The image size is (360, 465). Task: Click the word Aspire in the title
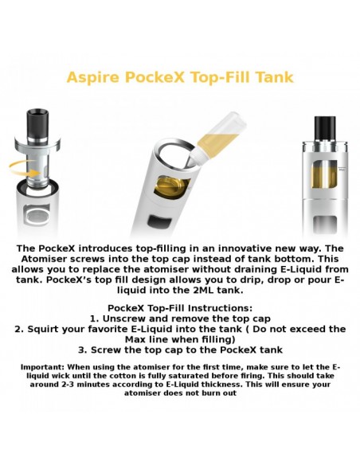tap(94, 77)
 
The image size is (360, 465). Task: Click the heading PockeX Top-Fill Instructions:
tap(180, 307)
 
